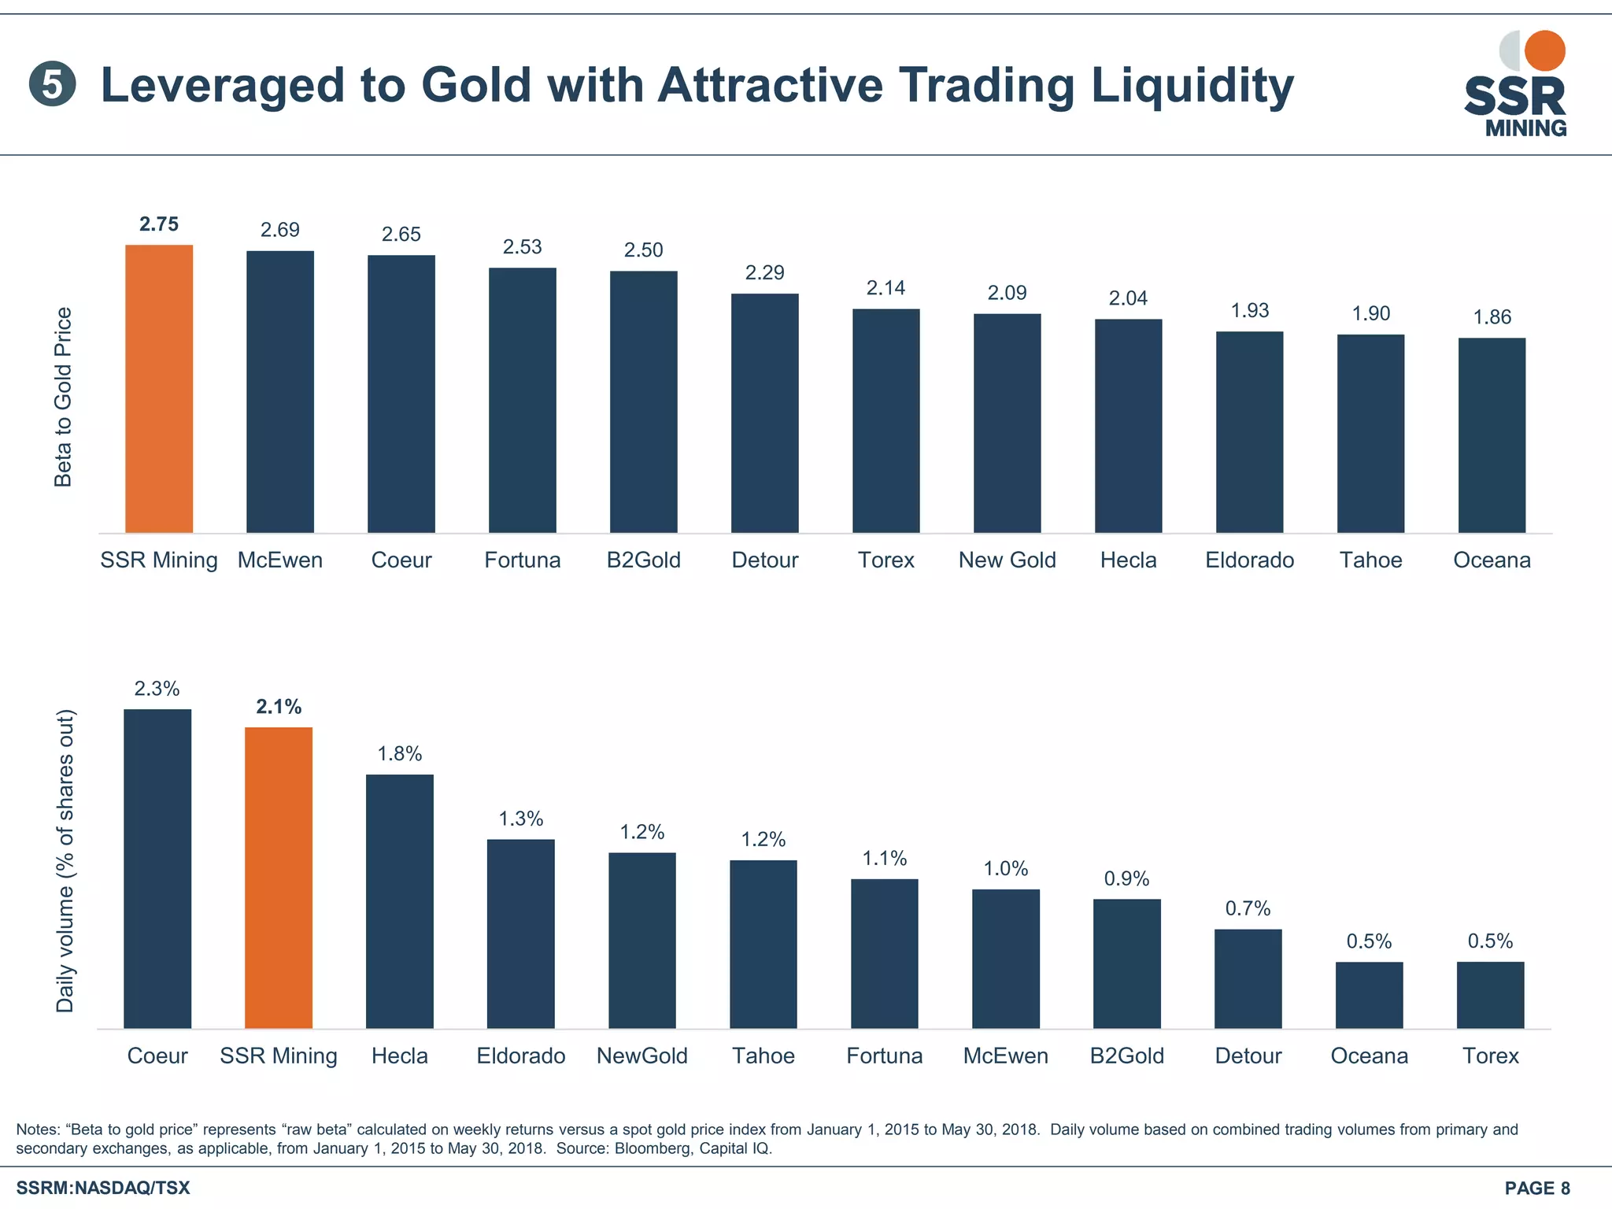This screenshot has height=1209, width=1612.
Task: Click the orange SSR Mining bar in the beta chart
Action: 159,389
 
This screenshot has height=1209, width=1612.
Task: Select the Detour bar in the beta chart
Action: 764,413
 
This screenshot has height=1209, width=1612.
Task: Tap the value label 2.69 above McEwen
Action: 280,230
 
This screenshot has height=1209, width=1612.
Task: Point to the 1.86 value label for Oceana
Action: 1492,317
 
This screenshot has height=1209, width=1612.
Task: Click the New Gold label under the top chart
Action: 1007,560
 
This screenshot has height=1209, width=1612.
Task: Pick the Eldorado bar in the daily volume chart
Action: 520,934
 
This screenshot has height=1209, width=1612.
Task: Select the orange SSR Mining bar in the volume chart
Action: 279,878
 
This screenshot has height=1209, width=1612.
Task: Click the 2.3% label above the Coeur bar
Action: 157,689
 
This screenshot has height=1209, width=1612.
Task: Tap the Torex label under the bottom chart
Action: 1490,1056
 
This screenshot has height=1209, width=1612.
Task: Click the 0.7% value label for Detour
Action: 1248,909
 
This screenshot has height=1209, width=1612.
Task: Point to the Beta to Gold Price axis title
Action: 63,397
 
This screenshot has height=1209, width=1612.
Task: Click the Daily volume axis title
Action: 65,861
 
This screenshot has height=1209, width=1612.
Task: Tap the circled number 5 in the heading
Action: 52,85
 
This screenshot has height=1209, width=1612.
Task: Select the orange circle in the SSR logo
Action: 1544,50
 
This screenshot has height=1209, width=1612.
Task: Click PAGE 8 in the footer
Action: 1536,1188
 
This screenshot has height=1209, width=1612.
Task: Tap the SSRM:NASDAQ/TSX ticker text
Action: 103,1188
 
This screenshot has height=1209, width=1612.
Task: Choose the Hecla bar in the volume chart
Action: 400,901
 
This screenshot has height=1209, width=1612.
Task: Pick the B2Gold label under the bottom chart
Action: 1126,1056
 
